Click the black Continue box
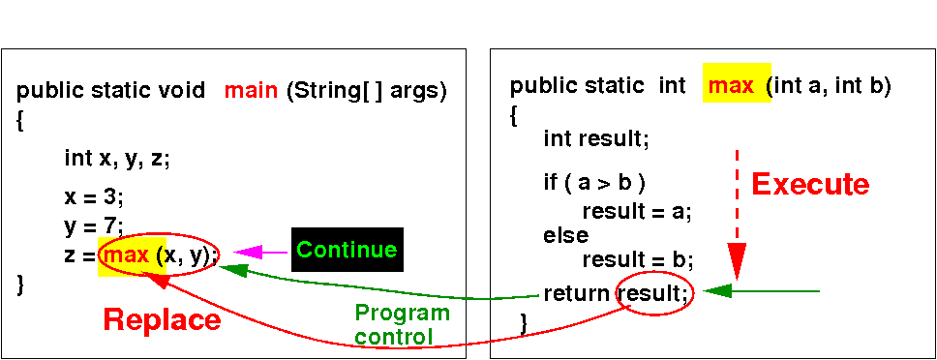[348, 250]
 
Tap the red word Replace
[162, 320]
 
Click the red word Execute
[810, 185]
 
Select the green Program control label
[402, 325]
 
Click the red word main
[251, 91]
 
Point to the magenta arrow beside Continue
[260, 253]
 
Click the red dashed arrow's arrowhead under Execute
[737, 261]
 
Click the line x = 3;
[95, 197]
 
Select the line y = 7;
[94, 226]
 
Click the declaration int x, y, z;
[117, 160]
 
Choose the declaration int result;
[595, 139]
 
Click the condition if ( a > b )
[594, 183]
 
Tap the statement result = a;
[637, 212]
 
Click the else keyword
[565, 235]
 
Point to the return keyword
[578, 294]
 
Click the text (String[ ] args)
[366, 91]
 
